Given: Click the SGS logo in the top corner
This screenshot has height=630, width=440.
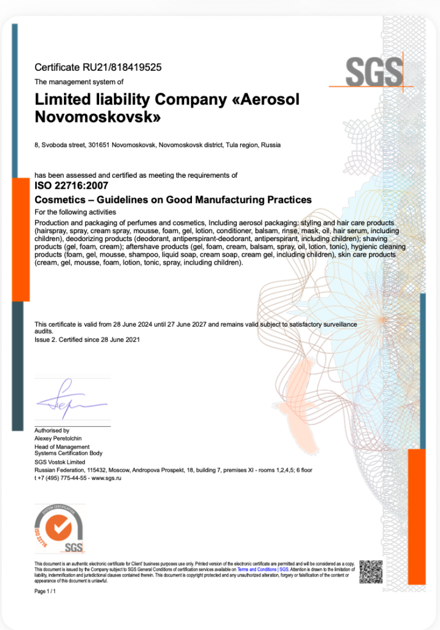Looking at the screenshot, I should pyautogui.click(x=374, y=73).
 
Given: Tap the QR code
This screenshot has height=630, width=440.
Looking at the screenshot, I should pyautogui.click(x=370, y=571).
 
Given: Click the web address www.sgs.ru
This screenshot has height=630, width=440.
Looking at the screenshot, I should pyautogui.click(x=106, y=478).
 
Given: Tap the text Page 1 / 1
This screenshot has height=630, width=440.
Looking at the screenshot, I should pyautogui.click(x=46, y=591).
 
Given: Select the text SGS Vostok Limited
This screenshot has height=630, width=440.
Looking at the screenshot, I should pyautogui.click(x=60, y=462).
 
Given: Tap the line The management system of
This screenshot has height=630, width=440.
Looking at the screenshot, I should pyautogui.click(x=79, y=82).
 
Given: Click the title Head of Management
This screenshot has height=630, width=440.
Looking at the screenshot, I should pyautogui.click(x=62, y=447).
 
